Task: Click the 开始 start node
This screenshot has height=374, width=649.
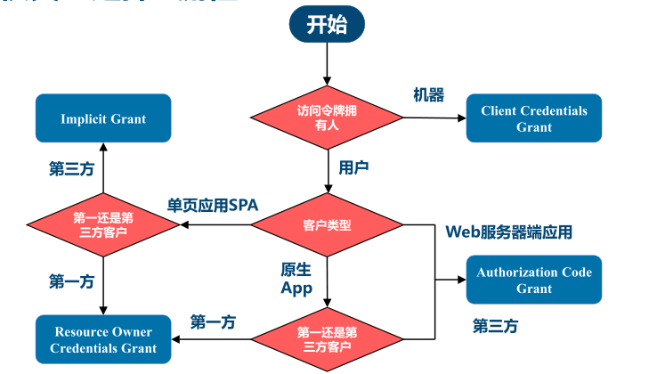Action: click(x=327, y=24)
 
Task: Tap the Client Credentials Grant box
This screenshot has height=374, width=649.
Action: click(x=533, y=118)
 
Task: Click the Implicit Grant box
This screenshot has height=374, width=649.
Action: click(x=103, y=118)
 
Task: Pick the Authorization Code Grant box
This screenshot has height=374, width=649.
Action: click(x=533, y=280)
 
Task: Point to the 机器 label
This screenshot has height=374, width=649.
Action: click(x=428, y=95)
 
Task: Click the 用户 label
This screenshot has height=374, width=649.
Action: click(x=353, y=167)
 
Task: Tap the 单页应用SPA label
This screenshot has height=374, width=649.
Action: click(x=213, y=205)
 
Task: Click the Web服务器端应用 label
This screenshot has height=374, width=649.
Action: click(x=508, y=232)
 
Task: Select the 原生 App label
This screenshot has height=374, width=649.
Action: click(x=296, y=278)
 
